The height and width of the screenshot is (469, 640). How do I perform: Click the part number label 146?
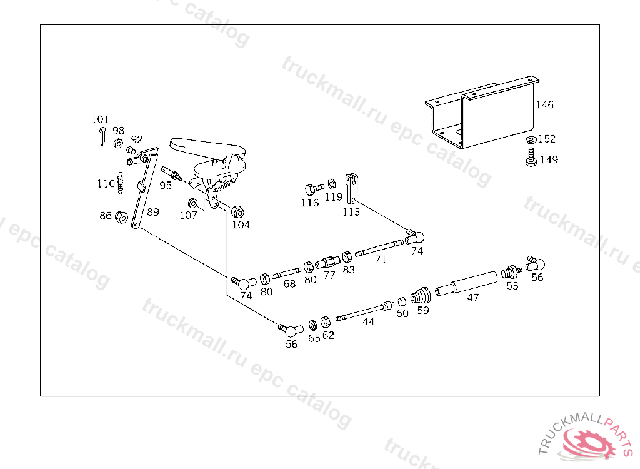(x=544, y=105)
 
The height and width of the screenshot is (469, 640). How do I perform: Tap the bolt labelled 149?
(x=531, y=158)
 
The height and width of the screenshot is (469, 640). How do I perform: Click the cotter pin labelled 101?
(x=102, y=136)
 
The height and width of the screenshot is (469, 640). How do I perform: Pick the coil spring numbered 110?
(x=120, y=183)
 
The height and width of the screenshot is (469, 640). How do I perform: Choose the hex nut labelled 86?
(x=121, y=217)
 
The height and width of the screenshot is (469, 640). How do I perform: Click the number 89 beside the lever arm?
(x=153, y=212)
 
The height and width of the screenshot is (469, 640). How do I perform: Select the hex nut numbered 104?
(x=237, y=212)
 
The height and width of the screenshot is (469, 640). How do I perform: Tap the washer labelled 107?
(x=192, y=203)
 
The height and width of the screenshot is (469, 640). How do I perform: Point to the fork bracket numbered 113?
(x=351, y=188)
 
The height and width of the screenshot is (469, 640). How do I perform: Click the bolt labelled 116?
(x=314, y=189)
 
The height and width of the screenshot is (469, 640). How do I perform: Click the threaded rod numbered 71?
(x=379, y=248)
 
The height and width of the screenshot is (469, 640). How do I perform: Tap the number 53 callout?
(x=512, y=286)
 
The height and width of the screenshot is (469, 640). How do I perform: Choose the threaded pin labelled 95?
(x=171, y=174)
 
